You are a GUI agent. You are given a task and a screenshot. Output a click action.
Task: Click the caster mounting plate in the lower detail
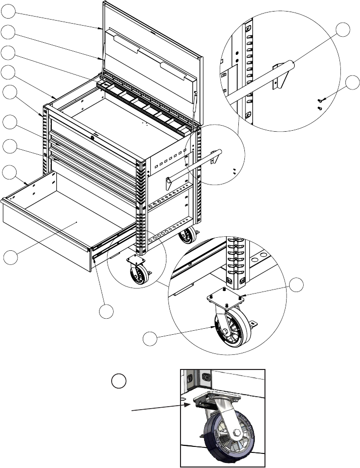pos(224,300)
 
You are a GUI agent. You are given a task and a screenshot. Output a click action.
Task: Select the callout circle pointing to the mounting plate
pos(296,284)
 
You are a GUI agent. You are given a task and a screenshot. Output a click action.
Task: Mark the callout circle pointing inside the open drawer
pos(9,257)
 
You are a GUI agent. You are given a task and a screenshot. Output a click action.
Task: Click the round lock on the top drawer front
pos(93,135)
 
